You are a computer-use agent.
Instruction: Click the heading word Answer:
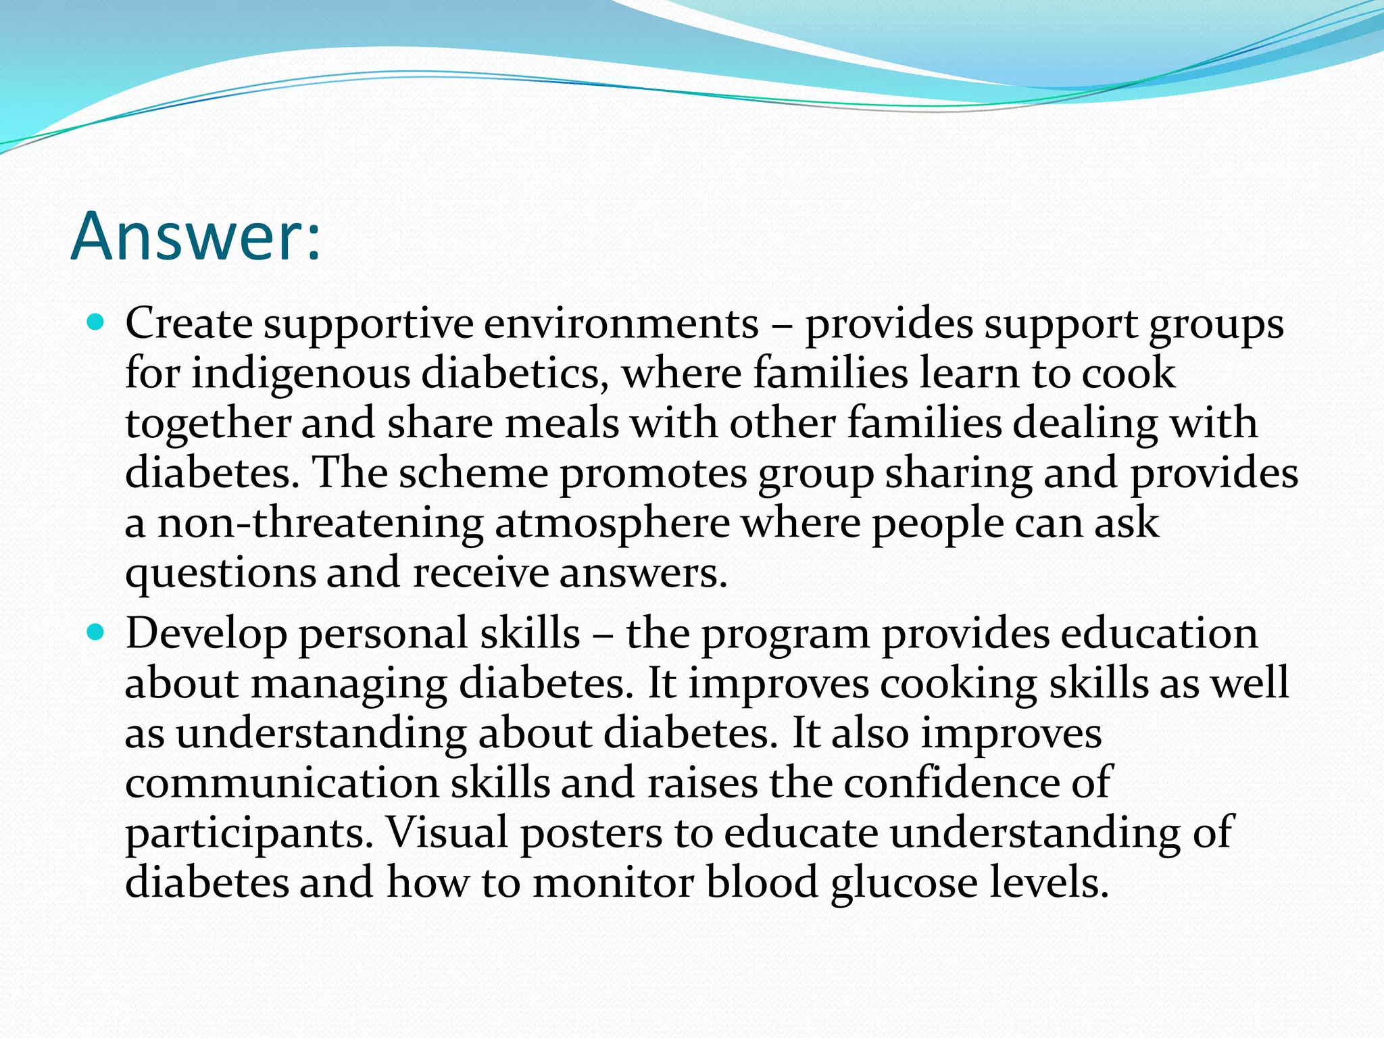click(x=195, y=237)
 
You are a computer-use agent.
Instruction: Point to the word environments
click(x=621, y=324)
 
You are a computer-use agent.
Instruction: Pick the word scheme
click(x=473, y=472)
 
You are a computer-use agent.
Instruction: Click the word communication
click(x=282, y=783)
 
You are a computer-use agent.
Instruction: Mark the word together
click(x=207, y=424)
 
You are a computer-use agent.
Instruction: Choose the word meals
click(x=562, y=423)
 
